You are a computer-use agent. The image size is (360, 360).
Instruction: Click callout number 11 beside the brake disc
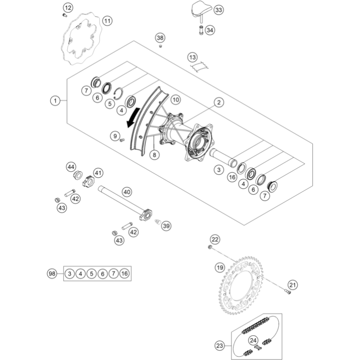[107, 21]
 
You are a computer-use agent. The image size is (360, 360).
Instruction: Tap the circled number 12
[67, 7]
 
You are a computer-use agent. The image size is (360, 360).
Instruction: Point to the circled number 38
[160, 38]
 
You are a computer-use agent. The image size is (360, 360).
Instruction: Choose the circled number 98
[52, 274]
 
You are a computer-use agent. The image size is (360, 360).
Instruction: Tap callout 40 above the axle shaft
[126, 191]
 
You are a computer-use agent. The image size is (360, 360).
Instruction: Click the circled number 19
[219, 267]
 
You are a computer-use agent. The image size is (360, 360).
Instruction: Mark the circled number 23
[220, 345]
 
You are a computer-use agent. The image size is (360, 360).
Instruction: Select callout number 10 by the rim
[175, 99]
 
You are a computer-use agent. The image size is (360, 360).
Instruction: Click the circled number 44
[71, 167]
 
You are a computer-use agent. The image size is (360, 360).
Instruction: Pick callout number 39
[166, 226]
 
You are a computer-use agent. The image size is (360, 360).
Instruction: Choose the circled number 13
[192, 57]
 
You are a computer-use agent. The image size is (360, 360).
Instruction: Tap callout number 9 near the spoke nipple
[115, 136]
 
